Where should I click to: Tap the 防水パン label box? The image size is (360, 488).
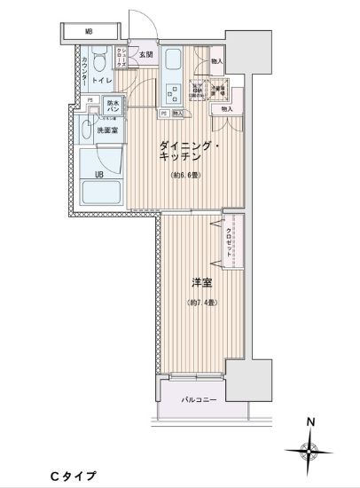coord(113,106)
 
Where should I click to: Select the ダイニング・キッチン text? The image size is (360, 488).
coord(189,150)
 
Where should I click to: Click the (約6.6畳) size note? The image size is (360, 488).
coord(186,175)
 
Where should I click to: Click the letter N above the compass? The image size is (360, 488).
coord(309,422)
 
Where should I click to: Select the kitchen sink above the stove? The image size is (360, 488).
coord(174,63)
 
